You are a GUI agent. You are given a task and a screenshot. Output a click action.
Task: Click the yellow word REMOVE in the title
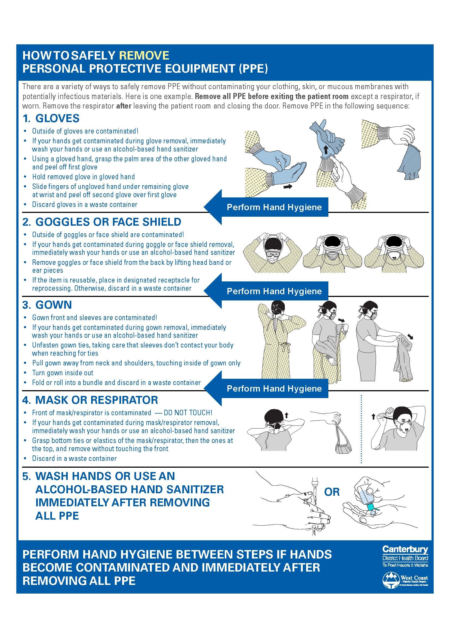click(144, 55)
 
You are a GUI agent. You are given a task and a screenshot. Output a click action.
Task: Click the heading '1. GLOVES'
click(51, 119)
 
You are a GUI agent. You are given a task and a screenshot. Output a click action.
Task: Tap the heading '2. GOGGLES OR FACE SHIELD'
click(102, 222)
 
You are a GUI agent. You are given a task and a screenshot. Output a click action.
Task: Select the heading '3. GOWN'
click(47, 305)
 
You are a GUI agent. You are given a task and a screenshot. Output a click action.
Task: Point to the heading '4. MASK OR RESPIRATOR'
click(90, 400)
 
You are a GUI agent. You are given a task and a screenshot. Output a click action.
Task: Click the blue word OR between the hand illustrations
click(332, 492)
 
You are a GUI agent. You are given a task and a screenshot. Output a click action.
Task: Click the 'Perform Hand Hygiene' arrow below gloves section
click(266, 207)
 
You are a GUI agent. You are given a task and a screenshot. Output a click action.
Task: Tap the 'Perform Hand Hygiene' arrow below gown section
click(266, 388)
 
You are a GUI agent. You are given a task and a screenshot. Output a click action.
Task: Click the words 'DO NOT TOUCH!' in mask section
click(188, 413)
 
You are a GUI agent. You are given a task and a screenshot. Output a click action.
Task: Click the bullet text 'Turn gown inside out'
click(63, 373)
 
